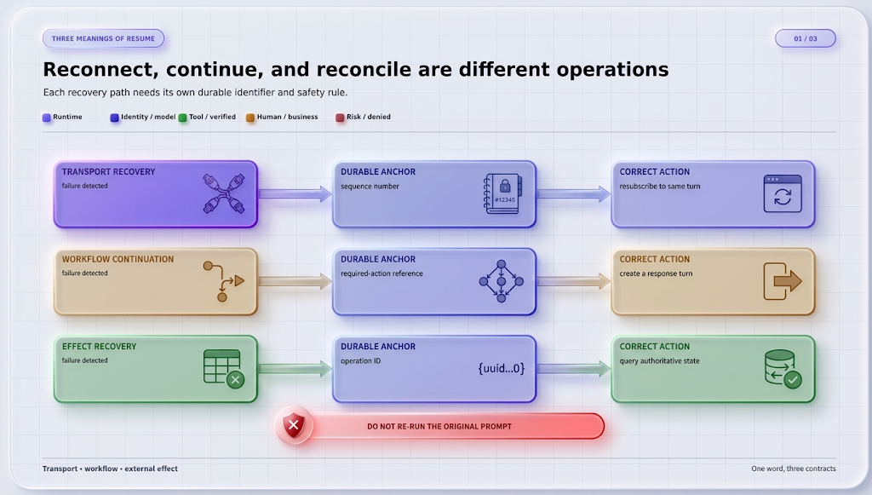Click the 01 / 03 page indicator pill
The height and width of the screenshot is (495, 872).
coord(806,38)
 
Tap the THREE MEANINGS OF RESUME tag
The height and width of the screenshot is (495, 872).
coord(103,38)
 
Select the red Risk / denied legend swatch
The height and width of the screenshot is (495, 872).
coord(340,118)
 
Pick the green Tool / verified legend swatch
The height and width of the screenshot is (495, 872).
coord(182,118)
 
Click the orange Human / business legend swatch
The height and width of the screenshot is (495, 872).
coord(250,118)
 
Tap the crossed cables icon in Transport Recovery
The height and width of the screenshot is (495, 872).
coord(224,193)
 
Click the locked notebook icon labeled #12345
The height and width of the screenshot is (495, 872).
coord(502,193)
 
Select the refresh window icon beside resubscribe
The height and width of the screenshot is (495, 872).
coord(783,193)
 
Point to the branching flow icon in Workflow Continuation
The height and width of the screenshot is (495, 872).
coord(224,281)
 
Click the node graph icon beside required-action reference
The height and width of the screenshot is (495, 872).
coord(501,281)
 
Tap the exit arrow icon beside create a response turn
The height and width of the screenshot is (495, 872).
coord(783,281)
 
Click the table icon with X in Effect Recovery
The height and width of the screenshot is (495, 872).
coord(224,369)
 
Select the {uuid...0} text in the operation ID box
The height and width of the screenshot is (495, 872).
coord(501,368)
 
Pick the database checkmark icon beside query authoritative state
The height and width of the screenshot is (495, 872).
coord(783,368)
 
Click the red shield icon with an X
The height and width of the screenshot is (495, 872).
coord(294,426)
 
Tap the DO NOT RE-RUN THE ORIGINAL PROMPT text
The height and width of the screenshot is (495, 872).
coord(439,427)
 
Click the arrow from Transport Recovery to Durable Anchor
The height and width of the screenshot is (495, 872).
coord(295,193)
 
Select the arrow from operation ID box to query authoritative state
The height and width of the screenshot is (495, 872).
coord(573,368)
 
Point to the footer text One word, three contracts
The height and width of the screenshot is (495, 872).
coord(794,469)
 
